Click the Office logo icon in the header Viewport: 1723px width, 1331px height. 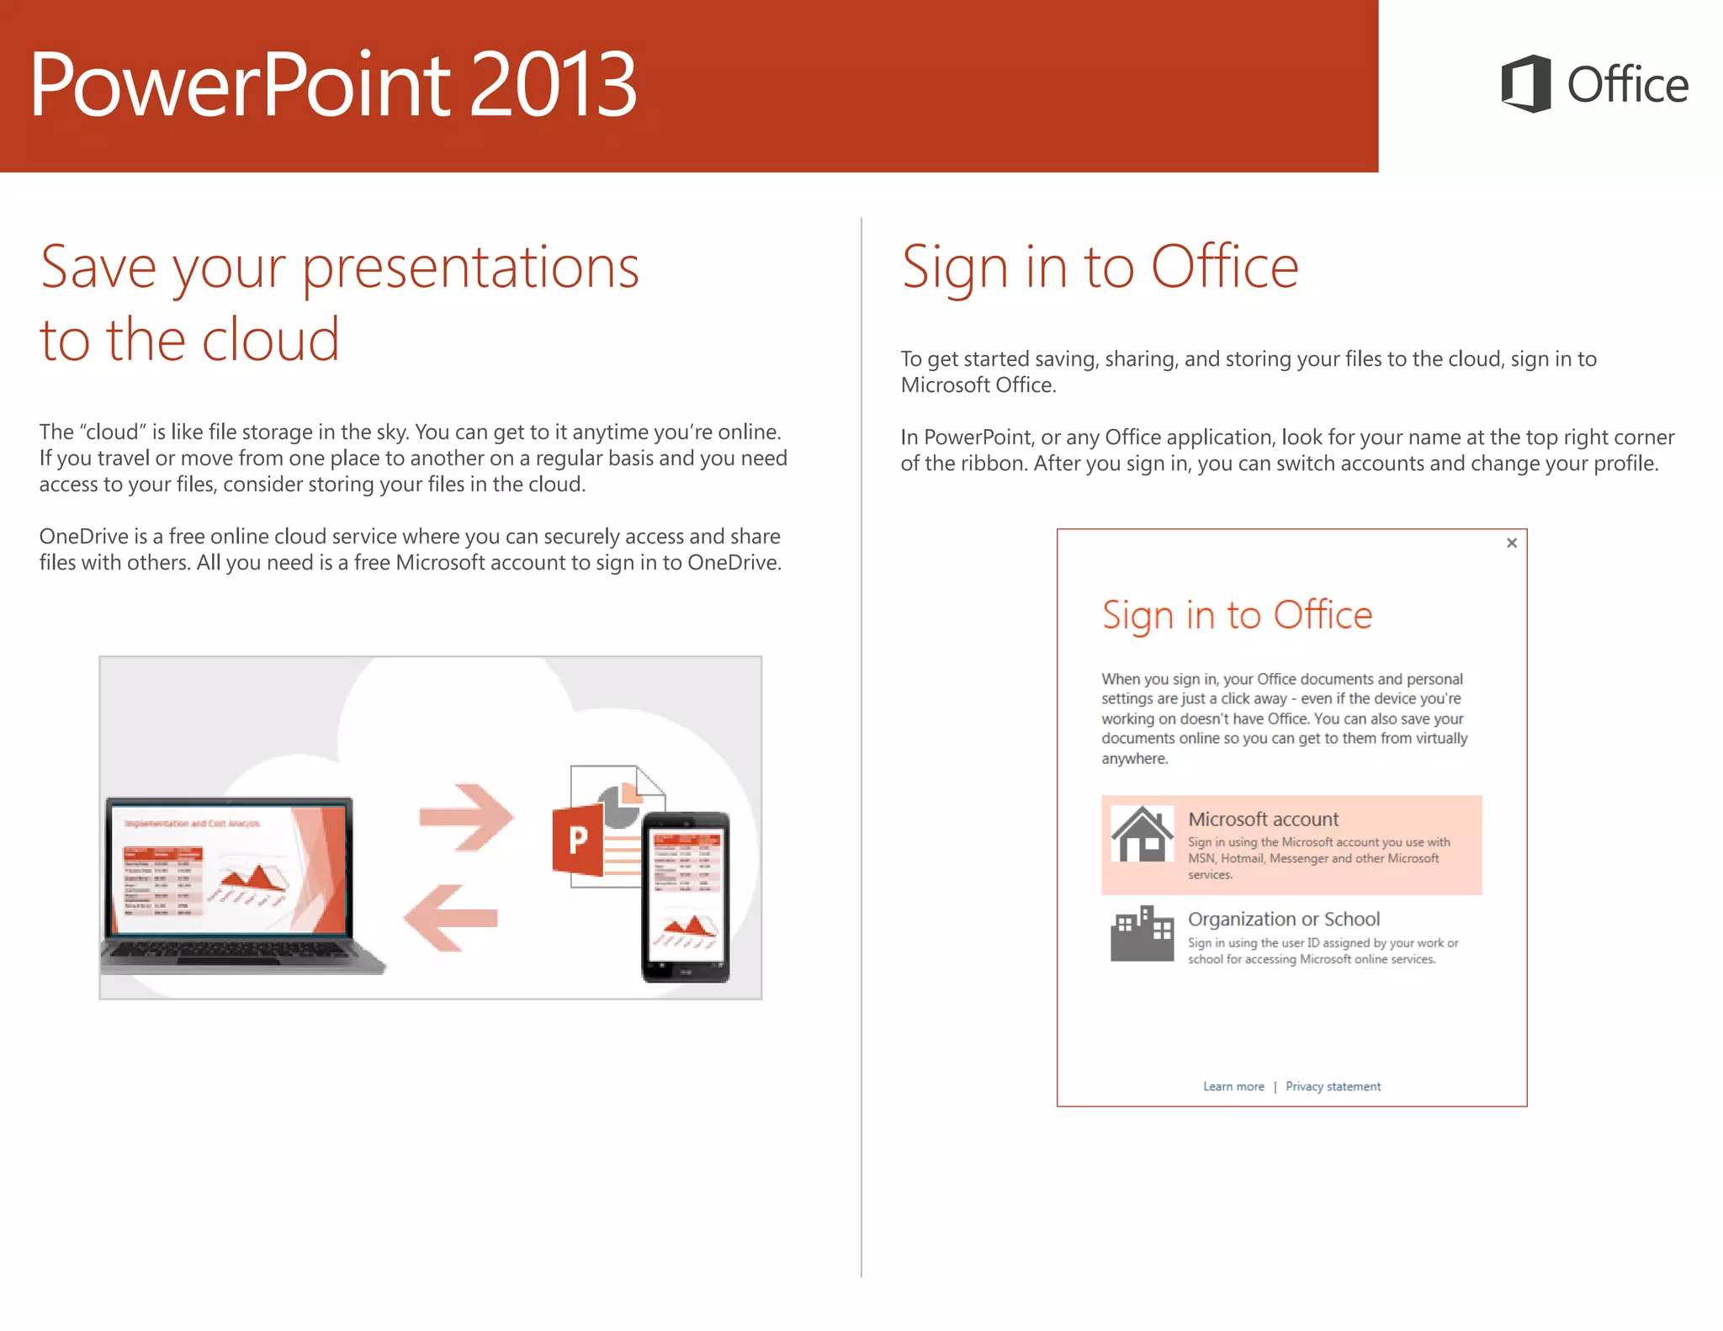click(1525, 83)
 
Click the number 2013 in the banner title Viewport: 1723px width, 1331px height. click(552, 85)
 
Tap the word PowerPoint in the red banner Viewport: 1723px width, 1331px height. click(241, 85)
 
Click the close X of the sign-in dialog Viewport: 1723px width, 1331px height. click(1511, 543)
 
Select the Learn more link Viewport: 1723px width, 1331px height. click(1233, 1086)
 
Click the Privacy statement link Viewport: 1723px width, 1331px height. click(1333, 1086)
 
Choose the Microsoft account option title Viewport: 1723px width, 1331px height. click(1262, 819)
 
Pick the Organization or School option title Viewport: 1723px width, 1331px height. click(1283, 919)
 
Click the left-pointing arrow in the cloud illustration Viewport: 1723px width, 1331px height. click(450, 918)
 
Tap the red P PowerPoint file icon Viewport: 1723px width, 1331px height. click(578, 839)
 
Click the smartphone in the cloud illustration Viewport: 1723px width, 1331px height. click(686, 897)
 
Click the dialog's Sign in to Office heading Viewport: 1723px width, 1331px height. click(1236, 615)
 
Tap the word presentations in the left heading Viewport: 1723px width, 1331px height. click(470, 268)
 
